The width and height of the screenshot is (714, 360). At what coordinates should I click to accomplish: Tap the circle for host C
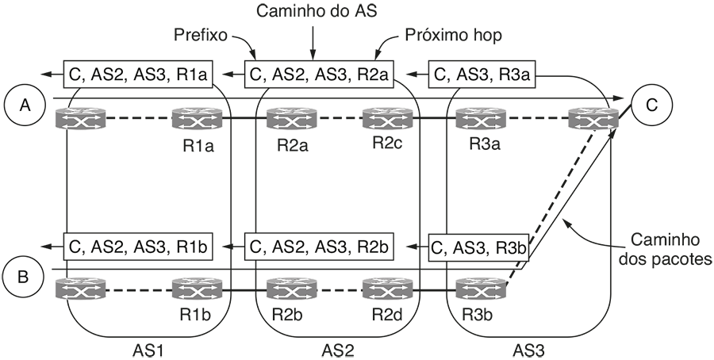point(651,105)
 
